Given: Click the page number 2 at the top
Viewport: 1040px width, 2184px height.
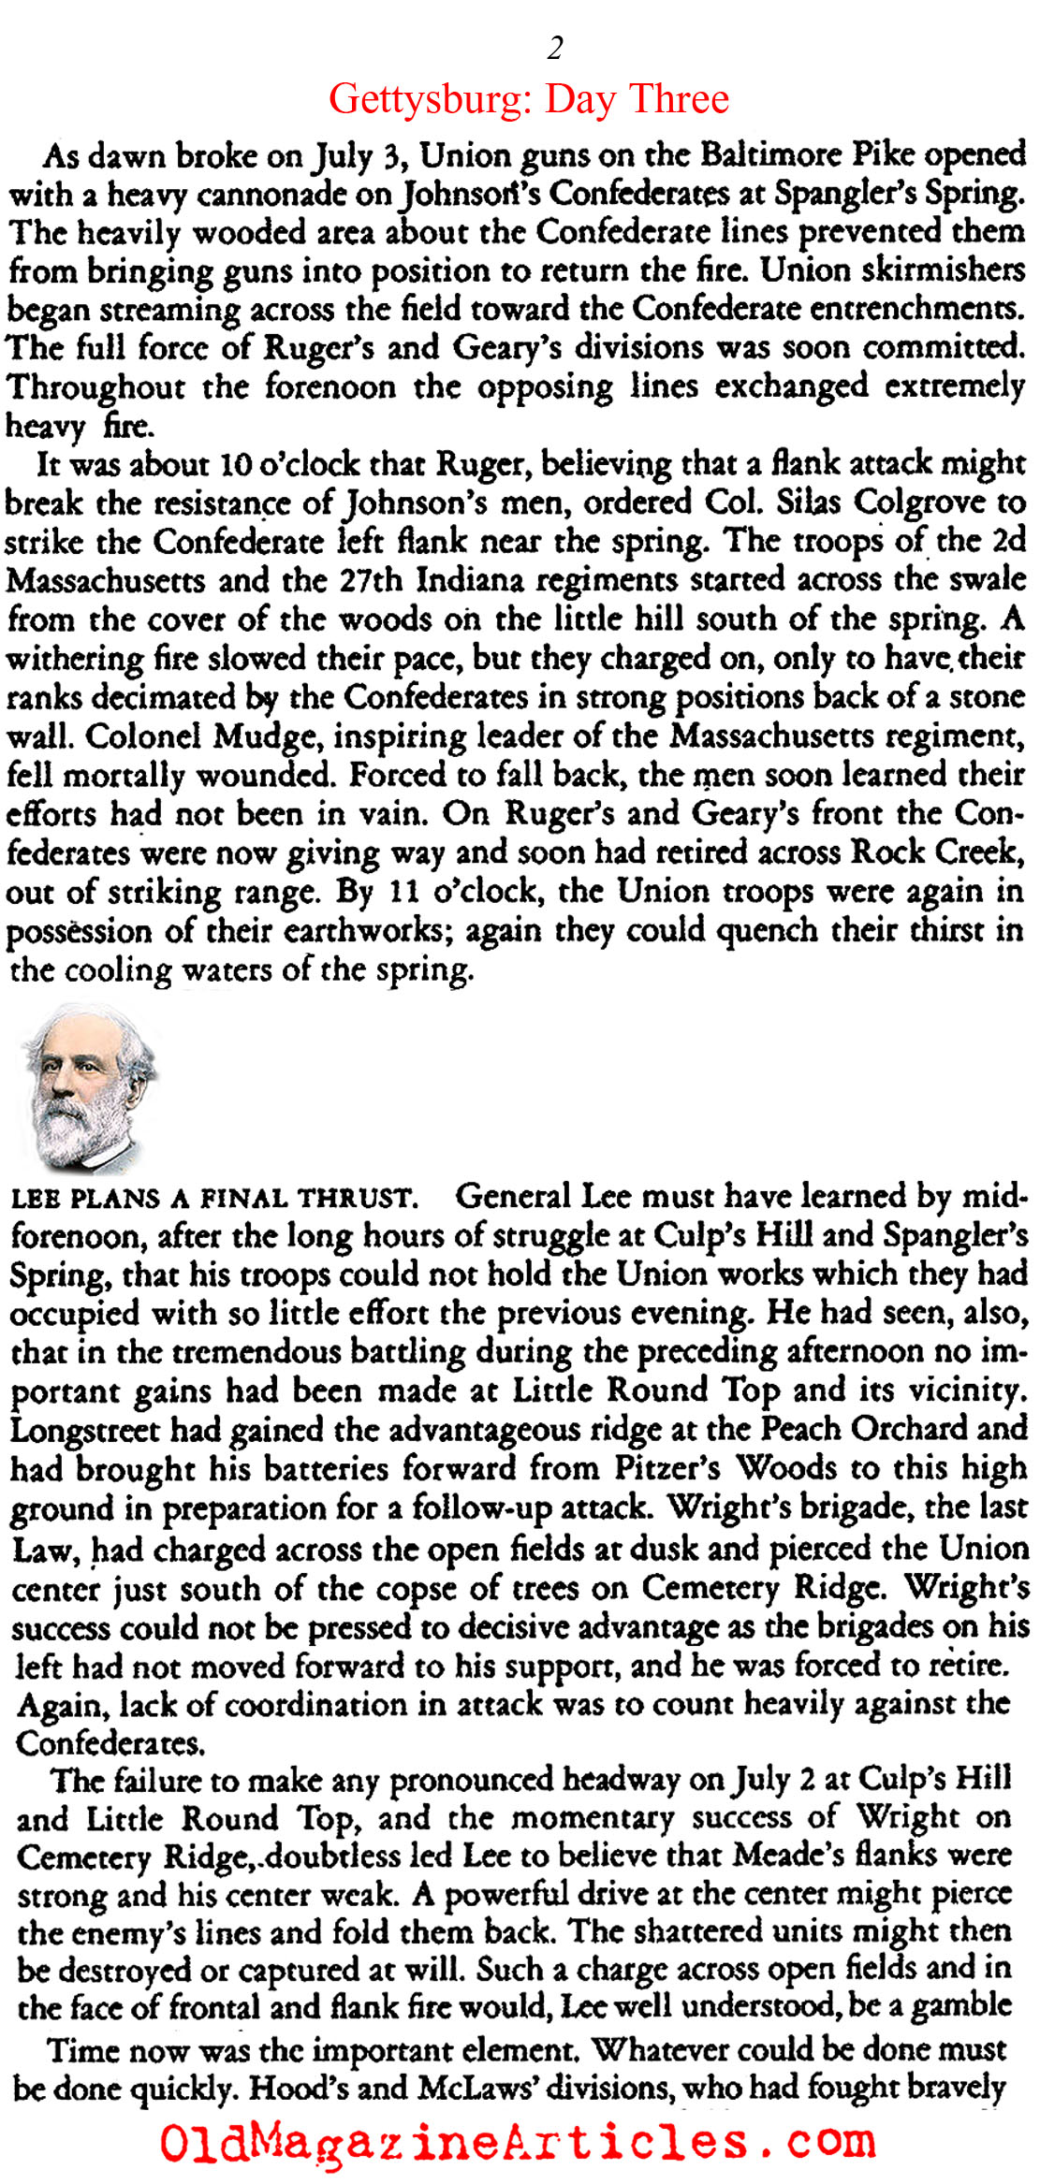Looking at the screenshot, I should [x=555, y=47].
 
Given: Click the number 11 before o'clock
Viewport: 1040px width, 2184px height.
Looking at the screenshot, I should [x=404, y=892].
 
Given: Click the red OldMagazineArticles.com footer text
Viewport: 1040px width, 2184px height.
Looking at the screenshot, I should [x=518, y=2142].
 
